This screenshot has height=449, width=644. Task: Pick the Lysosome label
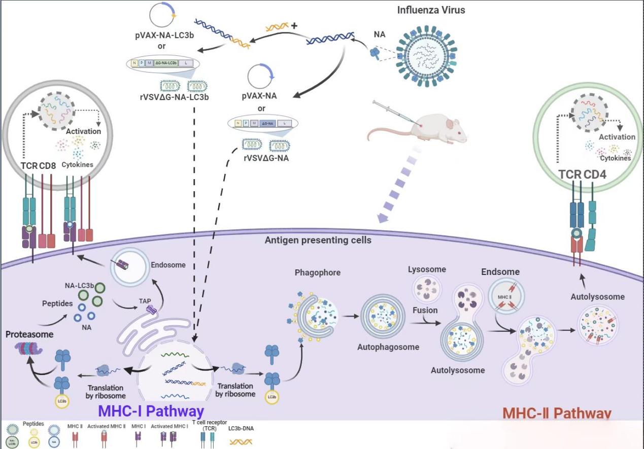pyautogui.click(x=427, y=269)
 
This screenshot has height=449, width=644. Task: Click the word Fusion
pyautogui.click(x=425, y=310)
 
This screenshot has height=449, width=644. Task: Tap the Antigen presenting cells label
pyautogui.click(x=318, y=239)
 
